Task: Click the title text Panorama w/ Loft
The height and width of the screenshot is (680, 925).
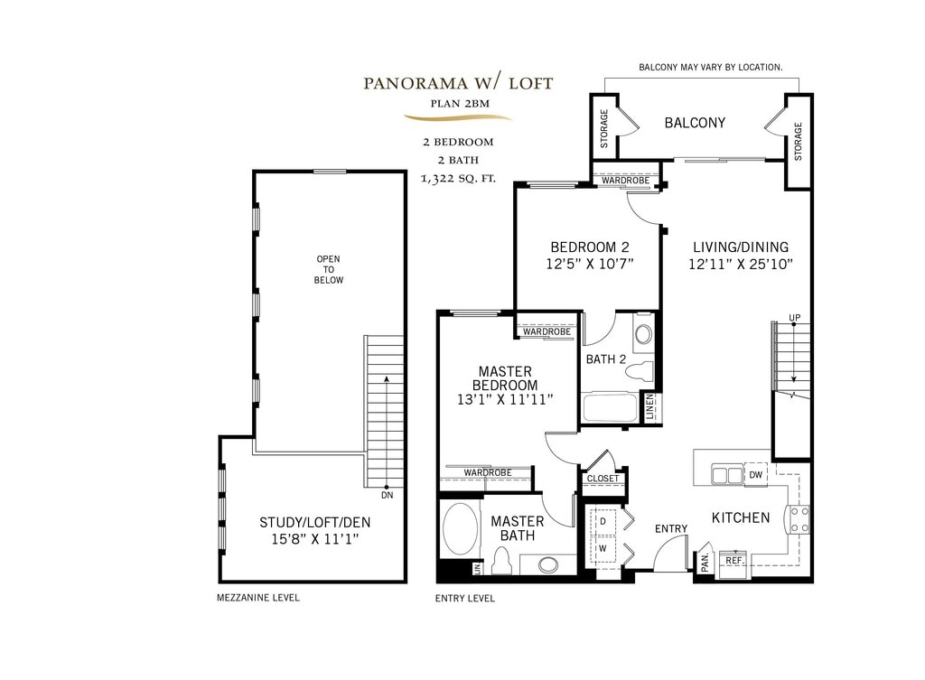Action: (458, 83)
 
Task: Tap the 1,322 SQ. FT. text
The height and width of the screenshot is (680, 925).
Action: (458, 178)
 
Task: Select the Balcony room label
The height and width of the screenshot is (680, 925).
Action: (695, 123)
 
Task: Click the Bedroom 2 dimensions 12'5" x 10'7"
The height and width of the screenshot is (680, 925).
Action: (589, 264)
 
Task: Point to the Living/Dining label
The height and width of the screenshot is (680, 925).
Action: (741, 247)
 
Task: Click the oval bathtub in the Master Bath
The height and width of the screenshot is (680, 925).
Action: (460, 528)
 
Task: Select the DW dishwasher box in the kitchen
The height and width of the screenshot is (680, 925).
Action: (756, 475)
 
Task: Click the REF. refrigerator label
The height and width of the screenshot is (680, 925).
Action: (734, 560)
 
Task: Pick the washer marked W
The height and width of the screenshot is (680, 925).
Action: (603, 548)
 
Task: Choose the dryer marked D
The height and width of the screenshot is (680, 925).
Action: (603, 521)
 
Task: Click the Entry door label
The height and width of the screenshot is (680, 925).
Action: (671, 528)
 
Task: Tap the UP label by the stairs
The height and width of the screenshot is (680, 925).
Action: (795, 318)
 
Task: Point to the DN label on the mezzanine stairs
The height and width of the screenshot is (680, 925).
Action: (387, 496)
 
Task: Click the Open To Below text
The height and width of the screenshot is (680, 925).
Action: (329, 269)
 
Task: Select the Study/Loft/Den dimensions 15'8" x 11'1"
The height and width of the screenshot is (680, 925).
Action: (315, 539)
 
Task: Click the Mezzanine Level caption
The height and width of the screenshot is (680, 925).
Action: (258, 598)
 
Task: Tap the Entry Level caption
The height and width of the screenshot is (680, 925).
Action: (465, 598)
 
